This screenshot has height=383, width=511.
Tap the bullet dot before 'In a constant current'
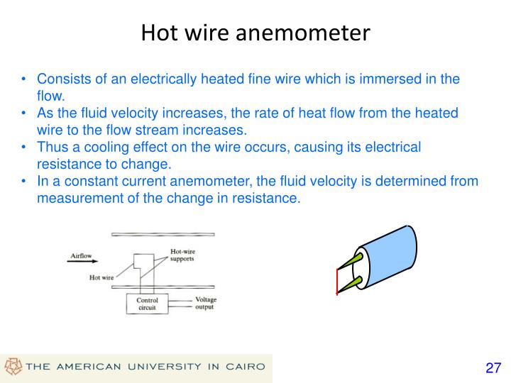click(x=25, y=182)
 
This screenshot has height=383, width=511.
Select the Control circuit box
click(x=147, y=304)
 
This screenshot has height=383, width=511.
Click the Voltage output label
click(x=205, y=304)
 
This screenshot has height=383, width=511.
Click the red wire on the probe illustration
click(x=336, y=282)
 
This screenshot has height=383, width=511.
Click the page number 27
click(x=493, y=367)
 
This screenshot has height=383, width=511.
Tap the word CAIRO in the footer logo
click(x=243, y=367)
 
